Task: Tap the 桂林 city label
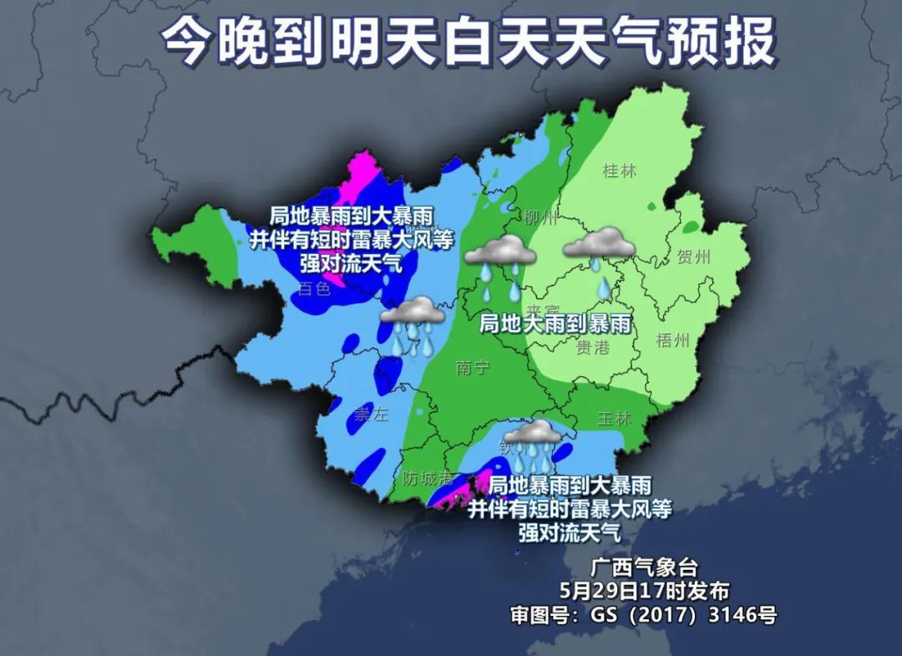pos(619,171)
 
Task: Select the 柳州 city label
pos(540,219)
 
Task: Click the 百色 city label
pos(314,289)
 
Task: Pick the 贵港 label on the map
pos(594,347)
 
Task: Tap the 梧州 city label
pos(673,340)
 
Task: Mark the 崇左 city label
pos(372,415)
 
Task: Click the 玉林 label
pos(615,419)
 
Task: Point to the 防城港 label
pos(428,479)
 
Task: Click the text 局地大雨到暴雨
pos(553,323)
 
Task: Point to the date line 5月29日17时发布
pos(645,591)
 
